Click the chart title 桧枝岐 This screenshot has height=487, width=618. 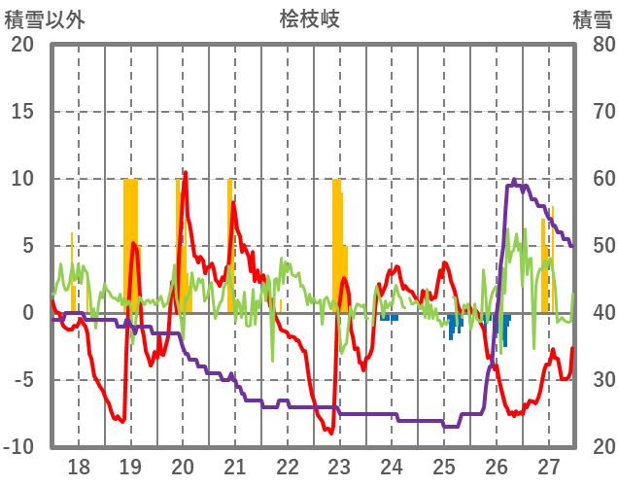coord(309,18)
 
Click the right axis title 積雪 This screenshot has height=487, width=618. coord(591,18)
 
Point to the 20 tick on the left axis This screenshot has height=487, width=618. coord(22,45)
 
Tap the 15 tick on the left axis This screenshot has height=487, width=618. coord(22,112)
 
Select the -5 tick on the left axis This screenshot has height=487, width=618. coord(22,380)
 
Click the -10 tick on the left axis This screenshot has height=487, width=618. coord(18,447)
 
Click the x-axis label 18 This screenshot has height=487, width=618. coord(78,466)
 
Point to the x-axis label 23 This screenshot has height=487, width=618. coord(339,466)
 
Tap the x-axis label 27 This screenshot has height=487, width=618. coord(549,466)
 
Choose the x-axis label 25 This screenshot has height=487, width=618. coord(444,466)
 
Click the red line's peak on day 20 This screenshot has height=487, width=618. coord(185,173)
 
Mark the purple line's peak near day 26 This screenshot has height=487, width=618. coord(514,180)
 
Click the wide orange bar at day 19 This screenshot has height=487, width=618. coord(130,243)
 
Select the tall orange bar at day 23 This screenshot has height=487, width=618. coord(336,243)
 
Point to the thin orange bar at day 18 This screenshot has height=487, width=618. coord(72,272)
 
